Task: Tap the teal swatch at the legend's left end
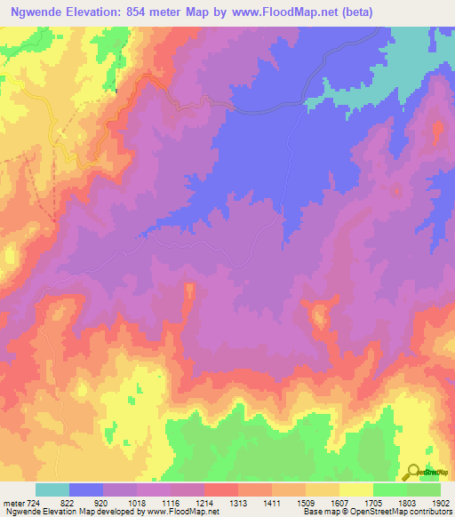coord(52,489)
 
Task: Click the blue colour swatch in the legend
coord(85,489)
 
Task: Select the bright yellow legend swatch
coord(355,489)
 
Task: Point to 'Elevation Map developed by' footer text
coord(89,511)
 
